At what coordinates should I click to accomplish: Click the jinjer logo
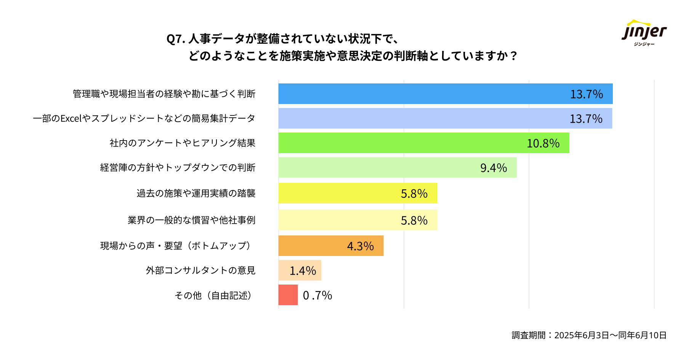[644, 33]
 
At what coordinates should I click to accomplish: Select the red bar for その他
[288, 295]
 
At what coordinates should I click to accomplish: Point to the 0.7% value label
[317, 295]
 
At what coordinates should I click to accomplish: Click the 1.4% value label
[303, 271]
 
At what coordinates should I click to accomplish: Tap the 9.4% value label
[493, 168]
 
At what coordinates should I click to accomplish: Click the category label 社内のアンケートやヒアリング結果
[183, 143]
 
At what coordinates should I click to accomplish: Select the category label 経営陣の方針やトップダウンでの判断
[178, 168]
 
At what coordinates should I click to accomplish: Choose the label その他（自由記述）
[214, 295]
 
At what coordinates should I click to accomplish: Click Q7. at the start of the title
[176, 39]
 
